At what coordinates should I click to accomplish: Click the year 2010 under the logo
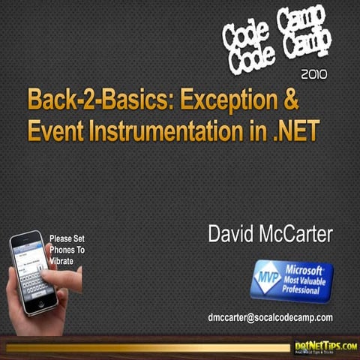click(313, 74)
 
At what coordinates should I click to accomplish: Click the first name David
click(233, 234)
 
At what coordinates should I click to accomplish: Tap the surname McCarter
click(298, 234)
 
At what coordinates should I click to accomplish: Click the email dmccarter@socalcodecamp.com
click(270, 317)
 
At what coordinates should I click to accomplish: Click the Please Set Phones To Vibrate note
click(67, 250)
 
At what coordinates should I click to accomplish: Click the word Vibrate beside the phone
click(63, 261)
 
